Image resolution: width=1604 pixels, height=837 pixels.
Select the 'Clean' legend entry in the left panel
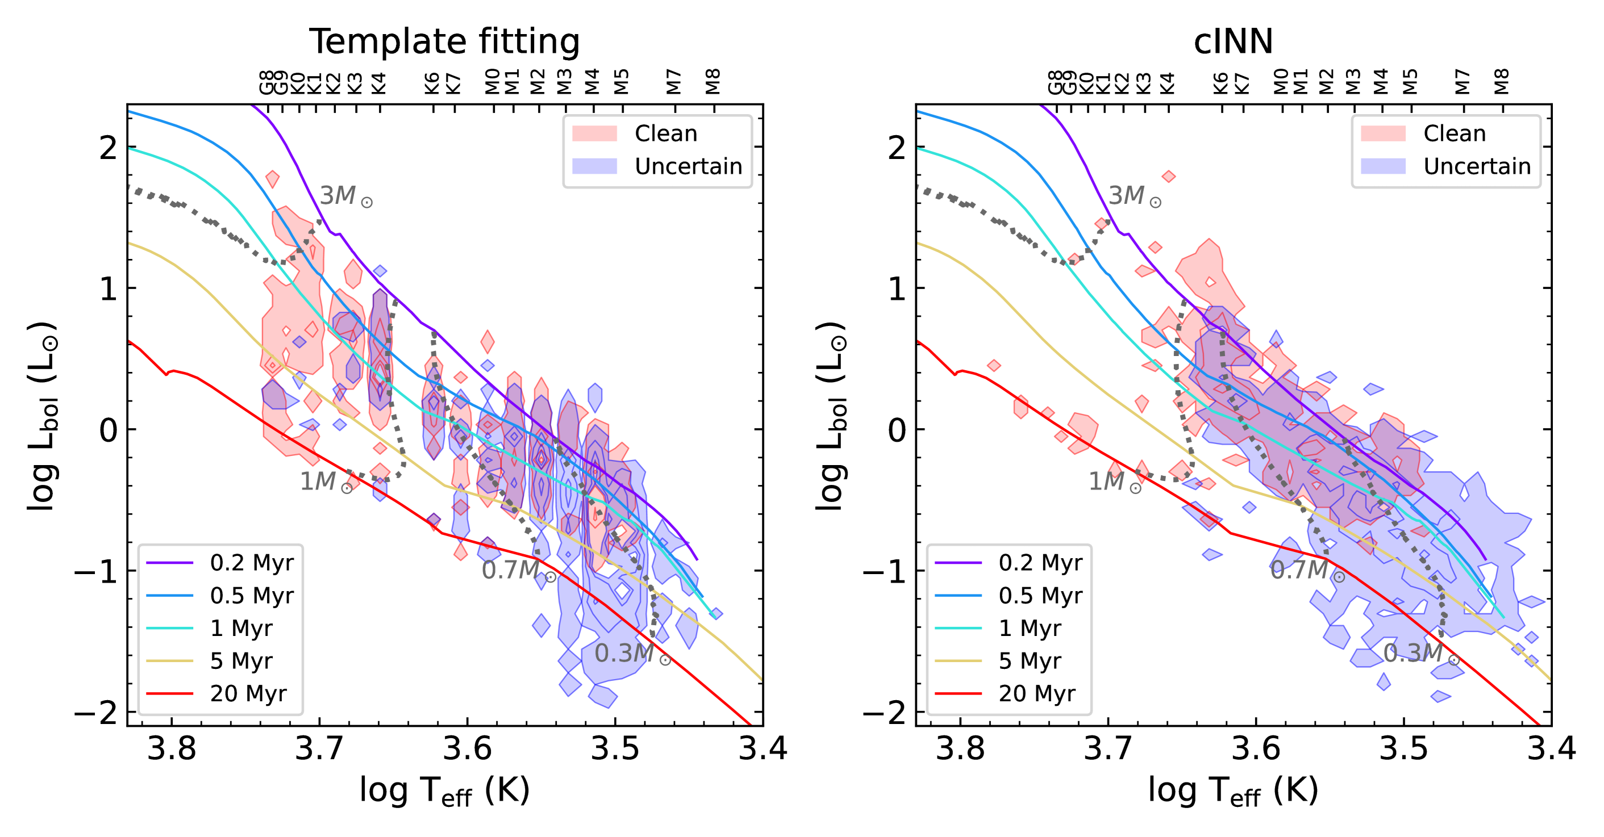665,133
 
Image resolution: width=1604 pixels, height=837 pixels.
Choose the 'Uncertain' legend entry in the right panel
1476,166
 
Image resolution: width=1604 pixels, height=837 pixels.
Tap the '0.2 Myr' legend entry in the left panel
251,563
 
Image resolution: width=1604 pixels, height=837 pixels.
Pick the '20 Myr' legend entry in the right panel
1037,693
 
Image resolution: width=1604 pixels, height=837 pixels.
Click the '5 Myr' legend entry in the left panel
241,661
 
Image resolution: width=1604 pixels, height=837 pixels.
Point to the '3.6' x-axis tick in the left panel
467,748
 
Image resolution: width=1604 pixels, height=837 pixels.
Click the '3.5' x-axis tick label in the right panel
1403,748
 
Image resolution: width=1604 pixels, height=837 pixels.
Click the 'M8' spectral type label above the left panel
713,82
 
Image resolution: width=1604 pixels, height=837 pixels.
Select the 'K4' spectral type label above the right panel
1168,83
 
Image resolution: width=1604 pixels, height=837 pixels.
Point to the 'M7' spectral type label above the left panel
674,82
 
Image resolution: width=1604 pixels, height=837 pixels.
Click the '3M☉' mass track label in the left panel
346,196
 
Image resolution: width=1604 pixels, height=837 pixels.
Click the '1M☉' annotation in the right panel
1114,482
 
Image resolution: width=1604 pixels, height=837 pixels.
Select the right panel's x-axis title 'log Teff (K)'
1233,791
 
